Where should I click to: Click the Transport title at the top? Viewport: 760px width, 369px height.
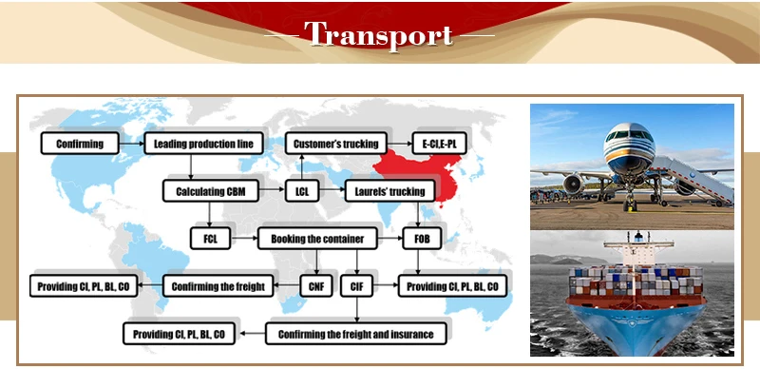(x=378, y=34)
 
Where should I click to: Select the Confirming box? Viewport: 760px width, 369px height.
(x=80, y=144)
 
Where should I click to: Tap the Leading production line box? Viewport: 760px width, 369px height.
(x=203, y=144)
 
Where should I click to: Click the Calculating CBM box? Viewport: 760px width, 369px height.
(x=211, y=191)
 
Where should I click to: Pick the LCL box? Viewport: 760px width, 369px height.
(x=302, y=191)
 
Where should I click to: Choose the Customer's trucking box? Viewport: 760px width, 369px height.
(x=336, y=144)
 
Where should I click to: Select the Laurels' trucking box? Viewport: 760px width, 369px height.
(x=389, y=191)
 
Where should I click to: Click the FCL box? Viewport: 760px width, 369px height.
(x=210, y=239)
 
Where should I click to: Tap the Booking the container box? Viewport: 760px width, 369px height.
(x=317, y=239)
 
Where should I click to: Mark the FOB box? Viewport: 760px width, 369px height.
(x=422, y=239)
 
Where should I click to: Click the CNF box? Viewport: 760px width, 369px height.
(x=316, y=286)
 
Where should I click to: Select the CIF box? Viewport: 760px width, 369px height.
(x=356, y=286)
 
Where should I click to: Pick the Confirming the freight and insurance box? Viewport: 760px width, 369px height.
(x=355, y=334)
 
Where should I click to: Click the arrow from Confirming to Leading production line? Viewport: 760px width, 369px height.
(x=131, y=144)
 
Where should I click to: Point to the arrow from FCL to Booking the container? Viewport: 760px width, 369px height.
(x=244, y=239)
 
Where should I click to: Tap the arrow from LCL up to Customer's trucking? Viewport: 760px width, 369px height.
(x=301, y=167)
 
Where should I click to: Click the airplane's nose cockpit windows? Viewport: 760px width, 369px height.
(x=629, y=134)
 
